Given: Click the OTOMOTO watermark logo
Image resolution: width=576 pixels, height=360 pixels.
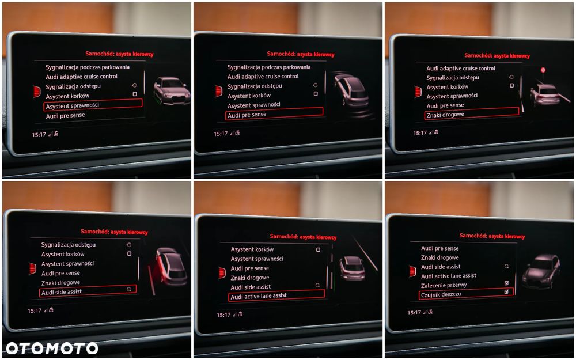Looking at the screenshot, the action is coord(52,348).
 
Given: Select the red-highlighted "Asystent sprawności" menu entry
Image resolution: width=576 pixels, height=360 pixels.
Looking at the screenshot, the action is coord(93,105).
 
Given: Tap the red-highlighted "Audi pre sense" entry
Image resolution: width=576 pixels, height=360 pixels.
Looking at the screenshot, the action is coord(274,114).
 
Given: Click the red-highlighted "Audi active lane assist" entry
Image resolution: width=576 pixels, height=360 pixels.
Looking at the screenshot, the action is coord(276,295).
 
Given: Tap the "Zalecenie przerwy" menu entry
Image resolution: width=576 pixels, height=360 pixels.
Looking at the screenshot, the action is coord(444,285).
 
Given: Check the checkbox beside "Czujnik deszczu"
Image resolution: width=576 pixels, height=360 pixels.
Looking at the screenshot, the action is coord(506,291).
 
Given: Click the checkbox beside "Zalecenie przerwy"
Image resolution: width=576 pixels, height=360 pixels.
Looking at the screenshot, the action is coord(506,283).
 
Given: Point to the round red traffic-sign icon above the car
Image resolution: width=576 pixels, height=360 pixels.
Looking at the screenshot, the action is coord(543,70).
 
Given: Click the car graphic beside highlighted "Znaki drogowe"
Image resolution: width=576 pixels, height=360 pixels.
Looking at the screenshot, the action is coord(545,95).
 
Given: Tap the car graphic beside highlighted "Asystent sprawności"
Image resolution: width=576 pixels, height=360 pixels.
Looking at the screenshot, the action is coord(172,91).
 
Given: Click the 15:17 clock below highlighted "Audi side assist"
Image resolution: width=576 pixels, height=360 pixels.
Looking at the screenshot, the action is coord(35,311).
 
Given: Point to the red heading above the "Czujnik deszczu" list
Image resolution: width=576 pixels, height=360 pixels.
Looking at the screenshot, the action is coord(492,236).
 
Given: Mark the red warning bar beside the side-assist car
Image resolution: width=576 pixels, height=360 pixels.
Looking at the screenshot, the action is coord(151,280).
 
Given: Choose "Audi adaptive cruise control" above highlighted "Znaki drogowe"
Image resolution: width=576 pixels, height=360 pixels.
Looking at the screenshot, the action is coord(461,69).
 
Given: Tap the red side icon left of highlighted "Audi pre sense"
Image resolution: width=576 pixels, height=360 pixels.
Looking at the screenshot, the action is coord(218,91).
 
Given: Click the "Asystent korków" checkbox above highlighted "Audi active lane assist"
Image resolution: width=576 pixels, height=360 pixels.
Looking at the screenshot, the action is coord(318,250).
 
